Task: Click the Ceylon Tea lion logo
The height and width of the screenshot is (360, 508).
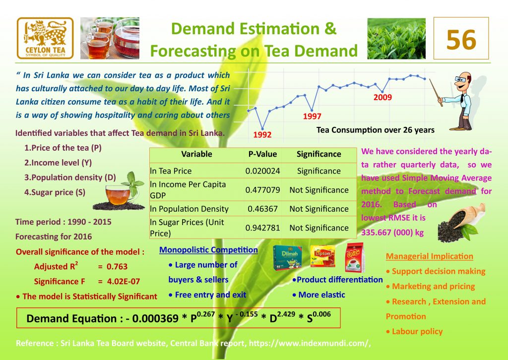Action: [x=45, y=38]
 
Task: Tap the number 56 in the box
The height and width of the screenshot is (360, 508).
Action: [x=461, y=40]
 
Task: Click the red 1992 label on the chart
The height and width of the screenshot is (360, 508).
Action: [x=262, y=135]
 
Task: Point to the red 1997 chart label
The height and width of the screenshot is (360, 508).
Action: [x=312, y=116]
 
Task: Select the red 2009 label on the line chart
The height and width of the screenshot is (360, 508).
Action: [x=382, y=97]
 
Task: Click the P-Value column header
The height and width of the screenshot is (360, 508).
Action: [x=262, y=154]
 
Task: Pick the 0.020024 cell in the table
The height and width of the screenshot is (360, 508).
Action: [x=262, y=171]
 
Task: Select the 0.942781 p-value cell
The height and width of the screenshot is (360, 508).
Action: [x=262, y=228]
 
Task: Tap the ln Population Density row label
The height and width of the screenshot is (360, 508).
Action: [x=189, y=209]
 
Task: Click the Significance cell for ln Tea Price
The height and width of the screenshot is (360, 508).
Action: [x=319, y=171]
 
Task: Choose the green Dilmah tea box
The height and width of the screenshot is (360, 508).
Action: [x=288, y=258]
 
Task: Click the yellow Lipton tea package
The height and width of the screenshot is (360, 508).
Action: [x=322, y=256]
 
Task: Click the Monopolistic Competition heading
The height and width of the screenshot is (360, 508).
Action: [x=208, y=250]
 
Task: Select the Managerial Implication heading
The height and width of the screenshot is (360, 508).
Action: [x=429, y=256]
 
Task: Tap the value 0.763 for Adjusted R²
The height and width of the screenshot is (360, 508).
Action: [x=117, y=267]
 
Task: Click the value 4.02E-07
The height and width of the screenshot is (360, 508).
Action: [x=124, y=282]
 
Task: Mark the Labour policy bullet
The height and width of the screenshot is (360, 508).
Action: [x=414, y=332]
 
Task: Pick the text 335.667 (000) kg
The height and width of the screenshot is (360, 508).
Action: [x=392, y=233]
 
